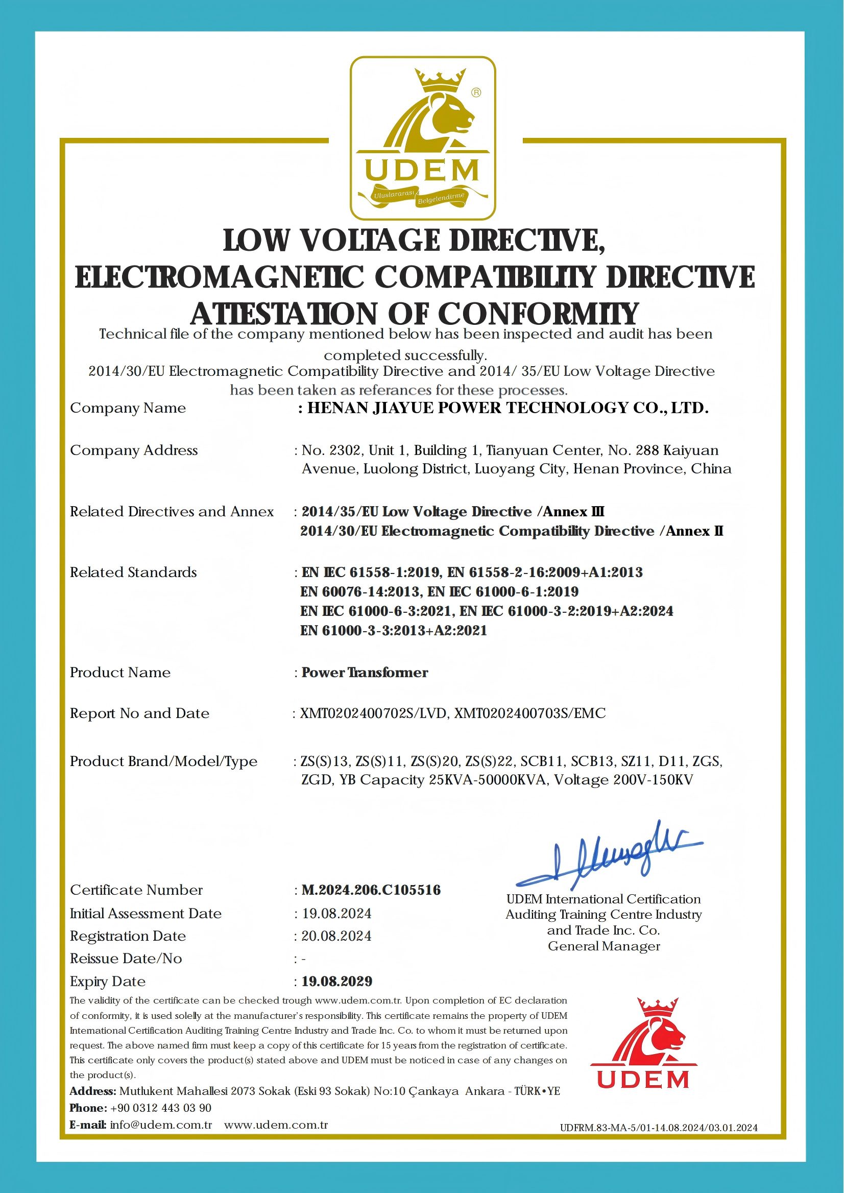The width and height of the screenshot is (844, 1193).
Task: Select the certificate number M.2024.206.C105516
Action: pyautogui.click(x=371, y=890)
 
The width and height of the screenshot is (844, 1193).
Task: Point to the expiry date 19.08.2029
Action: pyautogui.click(x=337, y=981)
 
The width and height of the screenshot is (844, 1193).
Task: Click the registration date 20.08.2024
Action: pyautogui.click(x=336, y=936)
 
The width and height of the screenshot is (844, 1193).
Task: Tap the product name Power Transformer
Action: pyautogui.click(x=365, y=672)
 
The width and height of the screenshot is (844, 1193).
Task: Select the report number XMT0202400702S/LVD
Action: pyautogui.click(x=374, y=713)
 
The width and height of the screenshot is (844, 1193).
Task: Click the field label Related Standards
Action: pyautogui.click(x=134, y=572)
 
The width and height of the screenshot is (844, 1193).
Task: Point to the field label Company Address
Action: pyautogui.click(x=134, y=450)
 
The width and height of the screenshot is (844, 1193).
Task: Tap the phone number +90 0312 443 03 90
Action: pyautogui.click(x=161, y=1108)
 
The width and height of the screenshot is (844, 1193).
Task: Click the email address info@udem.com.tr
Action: pyautogui.click(x=161, y=1125)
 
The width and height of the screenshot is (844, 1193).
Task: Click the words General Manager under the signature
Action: pyautogui.click(x=604, y=946)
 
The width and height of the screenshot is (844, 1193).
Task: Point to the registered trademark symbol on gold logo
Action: pyautogui.click(x=475, y=92)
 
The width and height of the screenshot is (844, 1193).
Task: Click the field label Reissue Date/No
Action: pyautogui.click(x=126, y=958)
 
